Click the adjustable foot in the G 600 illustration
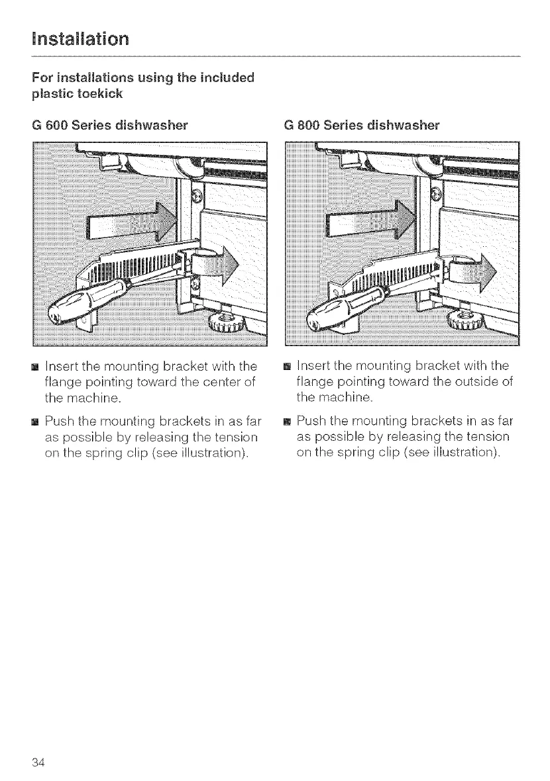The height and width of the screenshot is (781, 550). (225, 322)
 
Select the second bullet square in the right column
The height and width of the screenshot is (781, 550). (287, 422)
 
